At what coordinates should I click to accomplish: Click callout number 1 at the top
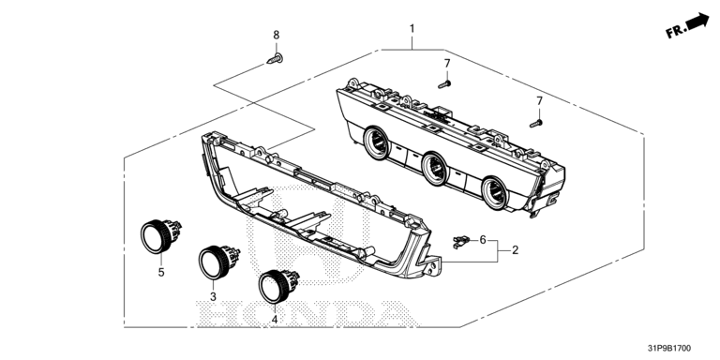[412, 29]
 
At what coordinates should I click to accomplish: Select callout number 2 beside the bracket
[516, 250]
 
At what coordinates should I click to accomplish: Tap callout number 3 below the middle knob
[213, 297]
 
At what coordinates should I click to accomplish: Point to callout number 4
[275, 319]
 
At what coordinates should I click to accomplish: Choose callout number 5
[161, 272]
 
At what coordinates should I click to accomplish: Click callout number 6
[483, 239]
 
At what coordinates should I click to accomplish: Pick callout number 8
[276, 35]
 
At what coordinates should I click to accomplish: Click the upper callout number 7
[447, 64]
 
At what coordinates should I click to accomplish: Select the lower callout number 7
[540, 101]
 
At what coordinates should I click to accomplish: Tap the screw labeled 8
[275, 59]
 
